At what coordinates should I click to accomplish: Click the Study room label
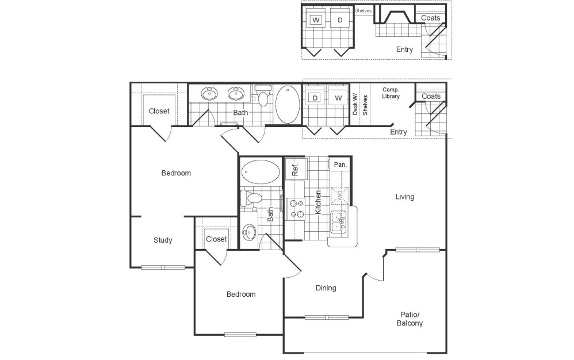coord(163,240)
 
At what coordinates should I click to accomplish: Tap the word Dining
coord(326,288)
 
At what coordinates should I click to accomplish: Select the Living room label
coord(404,197)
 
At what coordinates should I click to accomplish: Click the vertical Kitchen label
coord(317,203)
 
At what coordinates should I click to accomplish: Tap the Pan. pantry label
coord(340,164)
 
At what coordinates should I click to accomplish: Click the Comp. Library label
coord(391,93)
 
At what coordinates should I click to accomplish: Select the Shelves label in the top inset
coord(363,10)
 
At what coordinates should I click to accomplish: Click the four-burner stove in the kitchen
coord(296,209)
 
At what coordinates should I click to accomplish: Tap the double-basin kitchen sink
coord(339,222)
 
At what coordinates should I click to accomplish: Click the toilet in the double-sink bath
coord(263,95)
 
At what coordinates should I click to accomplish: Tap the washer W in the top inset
coord(316,20)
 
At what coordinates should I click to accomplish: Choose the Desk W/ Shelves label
coord(359,104)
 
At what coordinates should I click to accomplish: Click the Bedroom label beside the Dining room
coord(240,294)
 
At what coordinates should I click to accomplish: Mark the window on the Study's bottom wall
coord(163,267)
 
